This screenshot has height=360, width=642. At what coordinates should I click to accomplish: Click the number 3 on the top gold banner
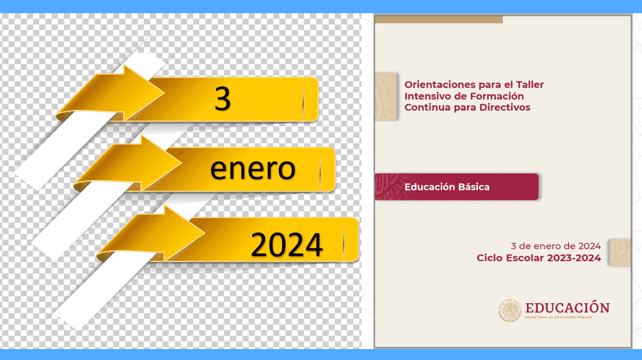tap(223, 99)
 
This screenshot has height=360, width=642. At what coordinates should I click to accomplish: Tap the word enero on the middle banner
tap(253, 169)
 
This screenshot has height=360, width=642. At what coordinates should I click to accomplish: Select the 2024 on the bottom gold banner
tap(287, 245)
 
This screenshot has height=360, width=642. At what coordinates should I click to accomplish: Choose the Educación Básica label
tap(447, 187)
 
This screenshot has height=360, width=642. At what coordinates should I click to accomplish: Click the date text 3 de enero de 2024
tap(556, 246)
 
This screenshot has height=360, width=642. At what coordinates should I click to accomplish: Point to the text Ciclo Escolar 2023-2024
tap(539, 258)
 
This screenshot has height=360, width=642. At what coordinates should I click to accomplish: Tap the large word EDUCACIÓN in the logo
tap(568, 307)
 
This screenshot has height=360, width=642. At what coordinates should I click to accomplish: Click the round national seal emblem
tap(510, 310)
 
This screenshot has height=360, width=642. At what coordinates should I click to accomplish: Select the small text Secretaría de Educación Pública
tap(559, 317)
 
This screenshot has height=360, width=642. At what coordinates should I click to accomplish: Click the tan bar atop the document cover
tap(439, 20)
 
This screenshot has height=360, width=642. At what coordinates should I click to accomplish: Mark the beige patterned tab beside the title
tap(386, 97)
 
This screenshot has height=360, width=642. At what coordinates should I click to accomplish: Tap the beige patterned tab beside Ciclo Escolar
tap(620, 253)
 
